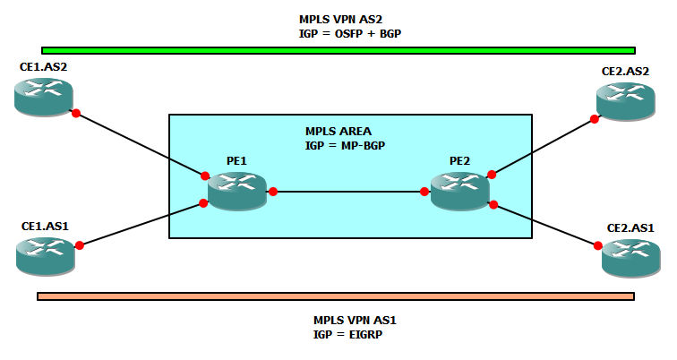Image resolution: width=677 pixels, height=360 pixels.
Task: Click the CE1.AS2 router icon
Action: point(43,96)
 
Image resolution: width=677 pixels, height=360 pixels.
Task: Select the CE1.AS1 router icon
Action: point(45,255)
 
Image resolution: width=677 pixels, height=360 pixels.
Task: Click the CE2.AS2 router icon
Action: point(628,100)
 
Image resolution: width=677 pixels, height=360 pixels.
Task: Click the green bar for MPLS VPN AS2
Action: point(338,50)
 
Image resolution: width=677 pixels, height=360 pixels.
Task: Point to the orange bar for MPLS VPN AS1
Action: point(336,296)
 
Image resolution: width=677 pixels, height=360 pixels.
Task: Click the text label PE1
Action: point(236,161)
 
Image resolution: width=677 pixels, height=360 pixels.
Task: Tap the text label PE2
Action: point(459,161)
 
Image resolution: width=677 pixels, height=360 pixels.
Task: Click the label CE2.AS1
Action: point(630,228)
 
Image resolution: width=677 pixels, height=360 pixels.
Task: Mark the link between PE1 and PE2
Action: point(348,192)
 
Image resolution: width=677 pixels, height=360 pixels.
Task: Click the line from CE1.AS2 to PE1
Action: point(143,144)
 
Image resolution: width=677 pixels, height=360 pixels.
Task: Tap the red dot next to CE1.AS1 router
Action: point(80,244)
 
